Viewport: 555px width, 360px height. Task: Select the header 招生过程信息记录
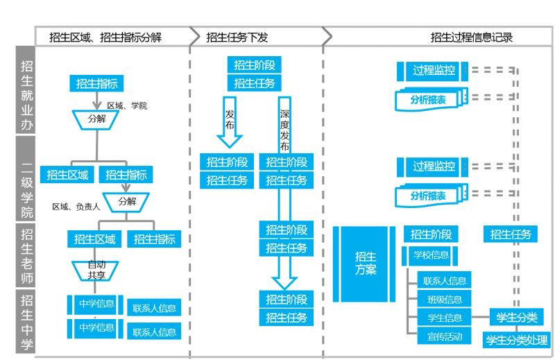pyautogui.click(x=471, y=37)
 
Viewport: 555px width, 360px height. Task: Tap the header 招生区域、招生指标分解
pyautogui.click(x=105, y=37)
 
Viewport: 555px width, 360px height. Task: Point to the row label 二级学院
pyautogui.click(x=26, y=179)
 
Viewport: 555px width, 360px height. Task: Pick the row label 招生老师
pyautogui.click(x=26, y=254)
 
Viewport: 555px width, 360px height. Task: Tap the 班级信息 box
pyautogui.click(x=444, y=300)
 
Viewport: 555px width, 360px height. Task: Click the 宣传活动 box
pyautogui.click(x=444, y=337)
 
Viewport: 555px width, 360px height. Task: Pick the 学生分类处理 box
pyautogui.click(x=516, y=340)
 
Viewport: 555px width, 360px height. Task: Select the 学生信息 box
pyautogui.click(x=444, y=318)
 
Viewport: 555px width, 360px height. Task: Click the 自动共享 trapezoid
pyautogui.click(x=96, y=268)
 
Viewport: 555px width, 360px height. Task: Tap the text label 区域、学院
pyautogui.click(x=127, y=105)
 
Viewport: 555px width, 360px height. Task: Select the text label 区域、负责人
pyautogui.click(x=76, y=207)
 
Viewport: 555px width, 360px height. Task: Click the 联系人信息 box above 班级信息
pyautogui.click(x=444, y=281)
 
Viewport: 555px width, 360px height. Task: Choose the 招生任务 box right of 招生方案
pyautogui.click(x=511, y=234)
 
